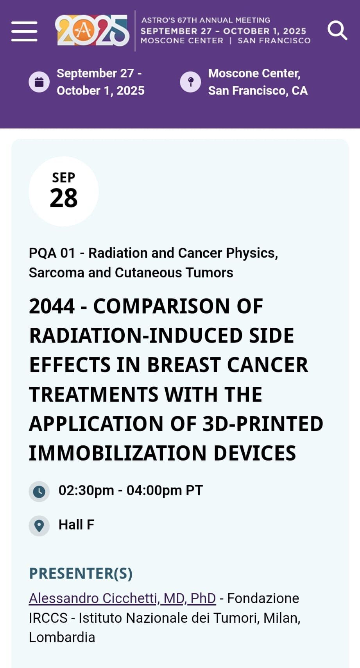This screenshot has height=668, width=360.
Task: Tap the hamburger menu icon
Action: [24, 31]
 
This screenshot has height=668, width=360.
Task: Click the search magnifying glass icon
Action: [337, 30]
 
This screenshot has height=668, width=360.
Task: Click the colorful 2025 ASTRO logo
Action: [92, 30]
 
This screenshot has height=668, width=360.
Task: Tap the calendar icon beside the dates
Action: [39, 82]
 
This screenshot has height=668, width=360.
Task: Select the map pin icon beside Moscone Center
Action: [190, 82]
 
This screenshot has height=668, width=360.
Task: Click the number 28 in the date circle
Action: [64, 198]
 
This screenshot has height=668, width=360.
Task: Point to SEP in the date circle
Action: [64, 178]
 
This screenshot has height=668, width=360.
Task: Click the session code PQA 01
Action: [52, 253]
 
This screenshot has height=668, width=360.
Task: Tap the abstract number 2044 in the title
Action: [52, 306]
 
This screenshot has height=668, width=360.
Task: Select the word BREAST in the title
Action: [184, 365]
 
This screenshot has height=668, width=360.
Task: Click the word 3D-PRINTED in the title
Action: [263, 424]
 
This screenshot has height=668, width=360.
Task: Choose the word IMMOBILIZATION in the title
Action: [118, 453]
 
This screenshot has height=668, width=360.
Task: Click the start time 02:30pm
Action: [86, 491]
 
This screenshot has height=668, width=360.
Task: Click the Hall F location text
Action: [77, 525]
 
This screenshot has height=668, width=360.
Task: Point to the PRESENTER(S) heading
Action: [81, 573]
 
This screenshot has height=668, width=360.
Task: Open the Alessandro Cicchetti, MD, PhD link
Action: [122, 598]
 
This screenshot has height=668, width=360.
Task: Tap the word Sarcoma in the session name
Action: [56, 273]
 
